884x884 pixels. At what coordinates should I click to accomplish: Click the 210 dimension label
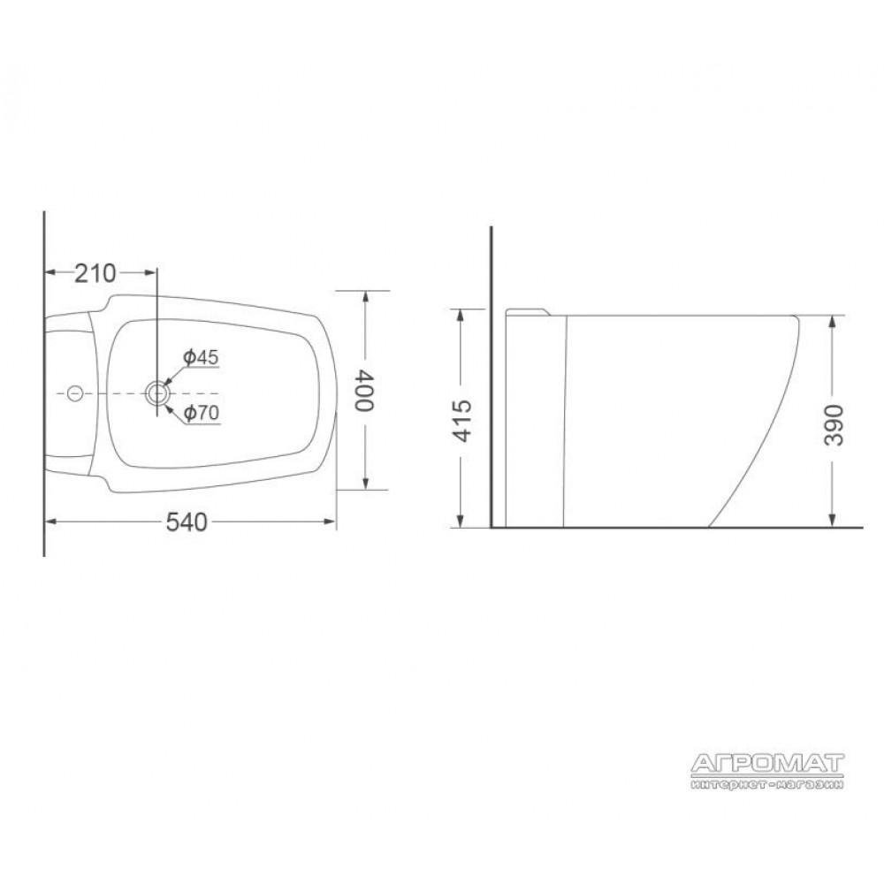[x=95, y=273]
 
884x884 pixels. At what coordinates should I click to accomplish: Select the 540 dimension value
[x=187, y=522]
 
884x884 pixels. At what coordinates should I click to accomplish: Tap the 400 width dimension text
[x=364, y=391]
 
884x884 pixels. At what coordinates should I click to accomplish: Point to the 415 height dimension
[x=462, y=421]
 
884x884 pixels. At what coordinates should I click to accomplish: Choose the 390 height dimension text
[x=834, y=425]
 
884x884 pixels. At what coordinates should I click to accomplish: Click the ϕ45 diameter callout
[x=201, y=357]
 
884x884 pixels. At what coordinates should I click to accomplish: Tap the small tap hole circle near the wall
[x=75, y=393]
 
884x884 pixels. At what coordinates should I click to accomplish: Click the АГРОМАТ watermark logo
[x=767, y=764]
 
